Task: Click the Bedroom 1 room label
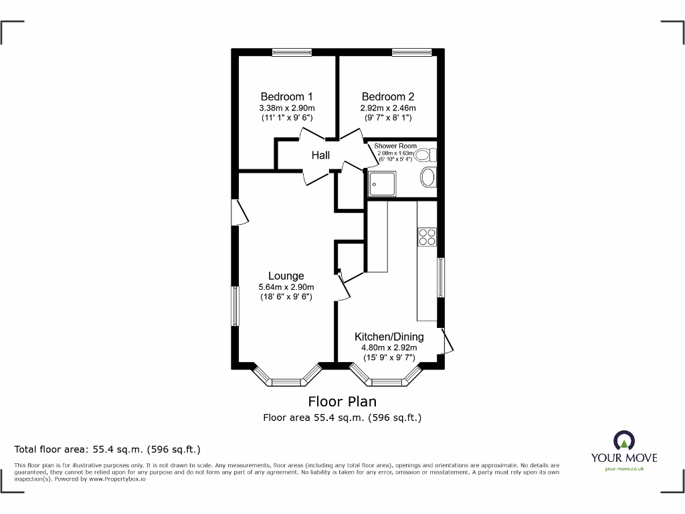[x=286, y=96]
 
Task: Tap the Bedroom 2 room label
[x=388, y=96]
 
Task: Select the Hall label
[x=320, y=155]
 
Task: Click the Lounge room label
[x=286, y=276]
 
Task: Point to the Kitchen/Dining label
[x=389, y=337]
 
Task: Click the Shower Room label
[x=395, y=146]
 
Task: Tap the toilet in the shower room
[x=423, y=156]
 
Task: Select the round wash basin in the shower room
[x=428, y=178]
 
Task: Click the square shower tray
[x=382, y=184]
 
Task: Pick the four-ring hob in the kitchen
[x=427, y=237]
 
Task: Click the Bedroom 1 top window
[x=292, y=52]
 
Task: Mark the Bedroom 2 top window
[x=411, y=52]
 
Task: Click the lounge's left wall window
[x=235, y=307]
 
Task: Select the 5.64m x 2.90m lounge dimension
[x=286, y=287]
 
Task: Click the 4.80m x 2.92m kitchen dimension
[x=389, y=347]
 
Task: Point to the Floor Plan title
[x=342, y=402]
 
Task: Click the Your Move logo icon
[x=623, y=441]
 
